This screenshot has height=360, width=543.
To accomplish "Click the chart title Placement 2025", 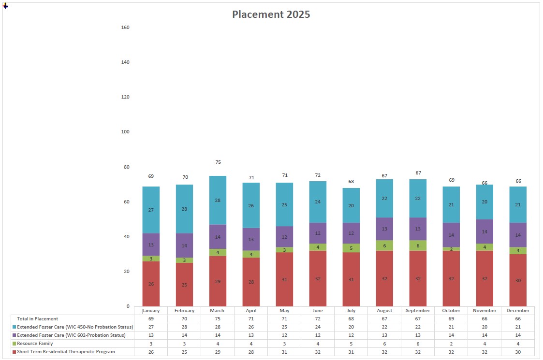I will pyautogui.click(x=271, y=14).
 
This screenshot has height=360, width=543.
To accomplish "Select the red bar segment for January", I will pyautogui.click(x=151, y=284).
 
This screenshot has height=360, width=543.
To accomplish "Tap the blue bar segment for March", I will pyautogui.click(x=218, y=201).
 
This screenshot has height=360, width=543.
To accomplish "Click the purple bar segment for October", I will pyautogui.click(x=451, y=235).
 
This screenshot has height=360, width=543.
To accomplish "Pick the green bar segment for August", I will pyautogui.click(x=384, y=245).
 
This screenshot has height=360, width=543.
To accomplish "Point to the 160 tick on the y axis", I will pyautogui.click(x=125, y=28).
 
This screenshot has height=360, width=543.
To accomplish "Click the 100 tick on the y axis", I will pyautogui.click(x=125, y=132).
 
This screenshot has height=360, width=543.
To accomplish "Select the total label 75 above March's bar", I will pyautogui.click(x=218, y=162).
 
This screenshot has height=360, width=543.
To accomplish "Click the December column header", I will pyautogui.click(x=518, y=311).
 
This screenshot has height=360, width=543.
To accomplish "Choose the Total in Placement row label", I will pyautogui.click(x=38, y=319).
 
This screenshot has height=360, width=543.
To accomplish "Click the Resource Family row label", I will pyautogui.click(x=35, y=344).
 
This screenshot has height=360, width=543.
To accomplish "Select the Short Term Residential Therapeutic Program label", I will pyautogui.click(x=66, y=352).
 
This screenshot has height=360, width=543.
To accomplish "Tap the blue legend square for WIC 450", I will pyautogui.click(x=14, y=327).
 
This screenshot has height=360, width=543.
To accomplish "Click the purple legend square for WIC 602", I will pyautogui.click(x=14, y=335).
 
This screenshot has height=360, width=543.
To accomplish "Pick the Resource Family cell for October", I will pyautogui.click(x=451, y=344).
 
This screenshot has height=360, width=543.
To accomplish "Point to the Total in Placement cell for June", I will pyautogui.click(x=318, y=319).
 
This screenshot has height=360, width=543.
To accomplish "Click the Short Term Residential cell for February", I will pyautogui.click(x=184, y=352).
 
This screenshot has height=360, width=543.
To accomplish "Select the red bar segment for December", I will pyautogui.click(x=518, y=280).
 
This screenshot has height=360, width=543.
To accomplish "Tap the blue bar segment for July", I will pyautogui.click(x=351, y=205).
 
